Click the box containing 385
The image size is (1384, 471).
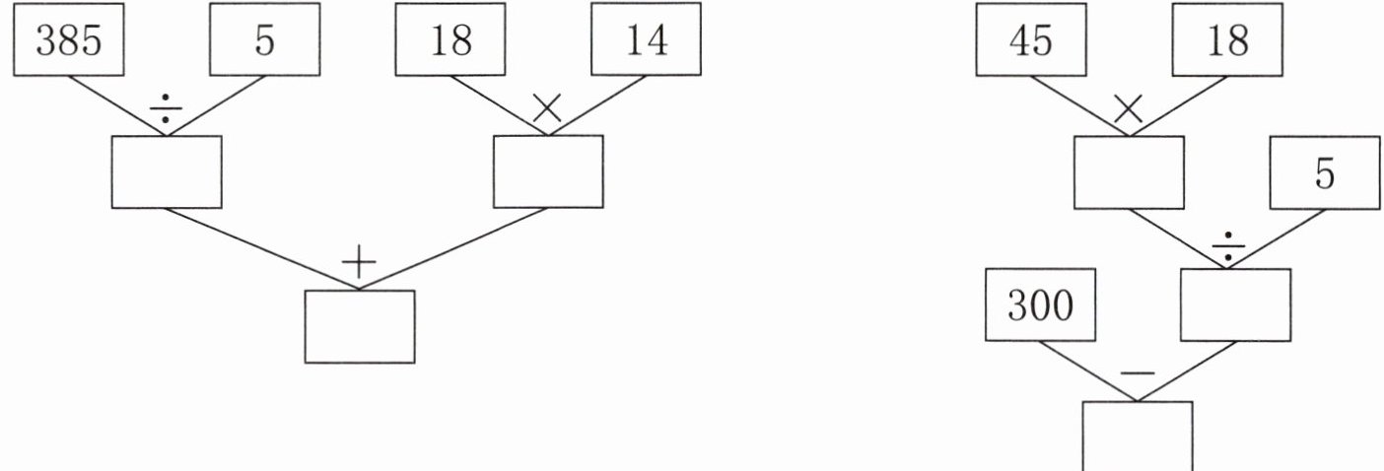pos(68,39)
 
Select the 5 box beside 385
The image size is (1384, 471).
pos(263,39)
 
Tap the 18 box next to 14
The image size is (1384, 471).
pos(450,39)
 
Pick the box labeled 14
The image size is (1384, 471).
pos(646,39)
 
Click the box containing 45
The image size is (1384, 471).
pos(1031,39)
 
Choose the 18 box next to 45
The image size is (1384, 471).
pos(1226,39)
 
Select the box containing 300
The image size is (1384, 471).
pos(1040,305)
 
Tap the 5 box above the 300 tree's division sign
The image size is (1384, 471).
pos(1325,172)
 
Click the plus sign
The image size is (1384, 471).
pos(359,262)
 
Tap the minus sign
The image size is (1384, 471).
pos(1138,373)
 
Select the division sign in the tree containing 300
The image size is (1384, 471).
pos(1227,247)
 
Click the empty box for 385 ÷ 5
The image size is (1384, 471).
pos(166,171)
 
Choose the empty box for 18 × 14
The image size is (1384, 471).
pos(547,171)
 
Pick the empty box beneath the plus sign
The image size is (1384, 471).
pos(359,326)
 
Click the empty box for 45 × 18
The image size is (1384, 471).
pos(1129,172)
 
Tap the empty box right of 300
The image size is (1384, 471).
pos(1235,305)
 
